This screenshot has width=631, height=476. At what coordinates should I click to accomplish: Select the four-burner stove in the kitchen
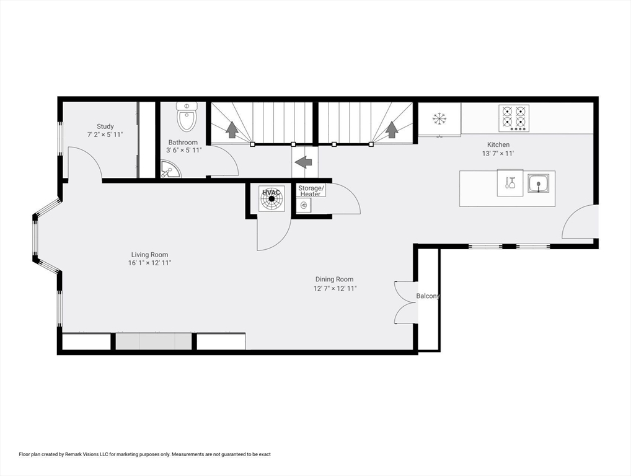514,118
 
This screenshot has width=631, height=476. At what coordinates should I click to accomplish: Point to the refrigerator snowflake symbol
439,118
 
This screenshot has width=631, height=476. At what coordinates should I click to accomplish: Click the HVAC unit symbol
271,198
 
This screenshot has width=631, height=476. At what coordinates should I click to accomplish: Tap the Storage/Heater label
310,191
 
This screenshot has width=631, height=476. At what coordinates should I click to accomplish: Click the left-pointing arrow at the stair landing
304,162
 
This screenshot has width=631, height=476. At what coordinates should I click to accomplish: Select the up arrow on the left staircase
232,129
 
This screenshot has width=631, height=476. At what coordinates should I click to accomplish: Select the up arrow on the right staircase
391,129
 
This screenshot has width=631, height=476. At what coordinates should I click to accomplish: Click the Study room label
105,126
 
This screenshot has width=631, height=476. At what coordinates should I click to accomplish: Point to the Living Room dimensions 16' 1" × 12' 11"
149,263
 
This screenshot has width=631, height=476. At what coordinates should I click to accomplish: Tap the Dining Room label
334,280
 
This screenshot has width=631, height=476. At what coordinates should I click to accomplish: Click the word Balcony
428,296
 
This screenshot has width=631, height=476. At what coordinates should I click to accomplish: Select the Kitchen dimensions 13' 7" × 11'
498,153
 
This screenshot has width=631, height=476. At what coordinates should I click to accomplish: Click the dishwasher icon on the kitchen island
510,183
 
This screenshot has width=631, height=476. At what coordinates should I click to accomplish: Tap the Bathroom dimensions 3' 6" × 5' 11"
183,150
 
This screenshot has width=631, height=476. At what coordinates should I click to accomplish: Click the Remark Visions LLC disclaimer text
145,454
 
